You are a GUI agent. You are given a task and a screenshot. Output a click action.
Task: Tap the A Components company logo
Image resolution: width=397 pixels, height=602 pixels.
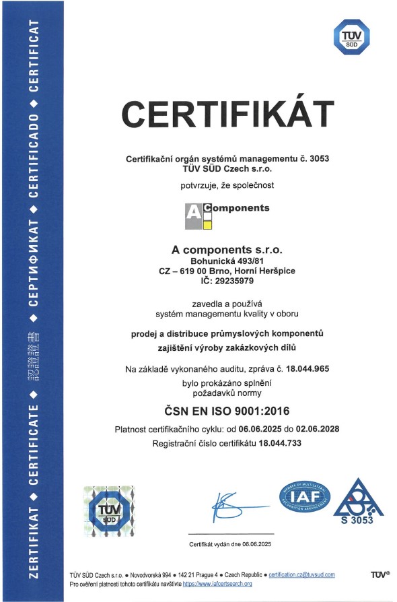(x=227, y=215)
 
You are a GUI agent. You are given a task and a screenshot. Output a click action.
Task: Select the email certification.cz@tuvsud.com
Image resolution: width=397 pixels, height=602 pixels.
(x=301, y=574)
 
